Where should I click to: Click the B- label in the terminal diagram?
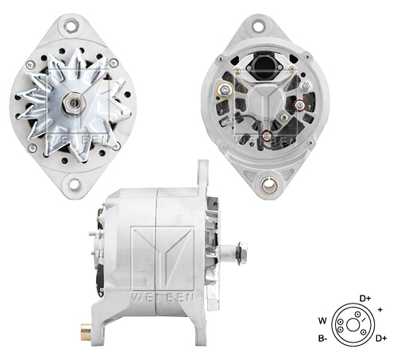[323, 339]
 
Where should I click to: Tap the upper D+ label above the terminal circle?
[365, 299]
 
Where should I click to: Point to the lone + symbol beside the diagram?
[380, 308]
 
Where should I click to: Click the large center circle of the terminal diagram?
[349, 323]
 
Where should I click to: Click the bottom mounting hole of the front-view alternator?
[75, 185]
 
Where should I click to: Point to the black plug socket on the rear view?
[262, 65]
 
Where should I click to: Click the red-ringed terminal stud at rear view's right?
[299, 104]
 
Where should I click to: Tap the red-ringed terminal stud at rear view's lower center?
[267, 137]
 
